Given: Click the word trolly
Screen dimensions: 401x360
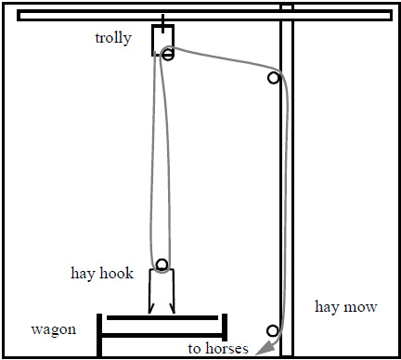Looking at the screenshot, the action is point(113,38).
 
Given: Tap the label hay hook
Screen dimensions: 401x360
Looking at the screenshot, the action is point(103,274).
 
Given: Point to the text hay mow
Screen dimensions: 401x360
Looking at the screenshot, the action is point(344,307).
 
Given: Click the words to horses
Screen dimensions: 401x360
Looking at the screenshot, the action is point(218,349).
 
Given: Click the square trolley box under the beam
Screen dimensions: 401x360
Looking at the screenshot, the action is point(162,41).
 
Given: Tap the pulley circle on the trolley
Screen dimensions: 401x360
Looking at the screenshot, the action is point(167,55).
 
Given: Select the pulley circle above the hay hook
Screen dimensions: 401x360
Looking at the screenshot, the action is point(162,264).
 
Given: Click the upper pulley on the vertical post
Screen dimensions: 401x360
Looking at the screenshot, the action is point(273,78).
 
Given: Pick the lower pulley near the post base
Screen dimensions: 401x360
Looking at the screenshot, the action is point(273,331).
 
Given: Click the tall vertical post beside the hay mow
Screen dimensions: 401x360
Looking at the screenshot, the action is point(287,186).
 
